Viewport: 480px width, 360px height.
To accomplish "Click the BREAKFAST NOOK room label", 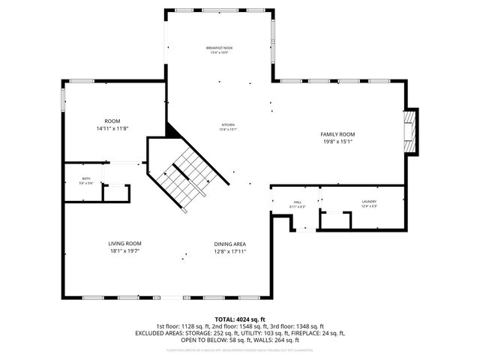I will click(219, 48).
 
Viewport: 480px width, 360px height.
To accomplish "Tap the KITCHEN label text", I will click(227, 124).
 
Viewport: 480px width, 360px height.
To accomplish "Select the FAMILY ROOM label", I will click(337, 133).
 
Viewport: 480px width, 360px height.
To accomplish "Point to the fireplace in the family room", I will click(409, 132).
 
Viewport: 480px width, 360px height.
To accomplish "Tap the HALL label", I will click(298, 202).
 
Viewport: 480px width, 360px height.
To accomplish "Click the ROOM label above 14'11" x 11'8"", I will click(112, 121).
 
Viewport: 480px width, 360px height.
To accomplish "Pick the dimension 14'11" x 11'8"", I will click(112, 128).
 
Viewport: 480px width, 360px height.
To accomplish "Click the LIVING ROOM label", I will click(124, 244).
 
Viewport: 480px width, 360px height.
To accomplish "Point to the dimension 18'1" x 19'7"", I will click(124, 251).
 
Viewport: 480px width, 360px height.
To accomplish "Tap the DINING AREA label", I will click(230, 244).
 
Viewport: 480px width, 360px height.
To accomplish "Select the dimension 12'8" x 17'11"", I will click(230, 251).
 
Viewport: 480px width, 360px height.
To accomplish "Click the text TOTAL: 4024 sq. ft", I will click(240, 319).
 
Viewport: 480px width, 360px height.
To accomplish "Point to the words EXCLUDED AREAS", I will click(157, 332).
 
